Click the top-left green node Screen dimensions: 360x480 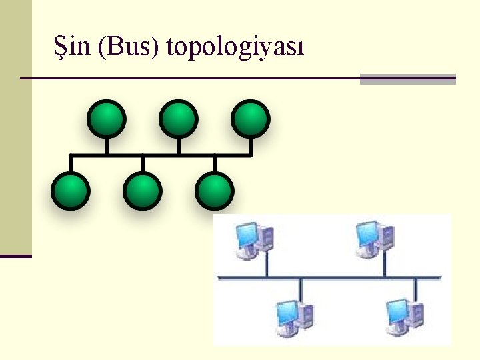tap(105, 119)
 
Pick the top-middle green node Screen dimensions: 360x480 tap(178, 119)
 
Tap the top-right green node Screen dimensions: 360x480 tap(251, 119)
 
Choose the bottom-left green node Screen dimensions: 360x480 tap(70, 191)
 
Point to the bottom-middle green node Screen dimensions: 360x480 tap(143, 191)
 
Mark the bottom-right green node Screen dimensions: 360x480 tap(215, 191)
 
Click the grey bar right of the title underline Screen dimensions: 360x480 tap(407, 79)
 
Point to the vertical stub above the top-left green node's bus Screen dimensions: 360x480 tap(105, 146)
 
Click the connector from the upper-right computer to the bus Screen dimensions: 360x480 tap(384, 267)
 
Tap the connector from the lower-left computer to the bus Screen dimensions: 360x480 tap(301, 289)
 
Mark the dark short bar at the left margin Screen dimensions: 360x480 tap(15, 255)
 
